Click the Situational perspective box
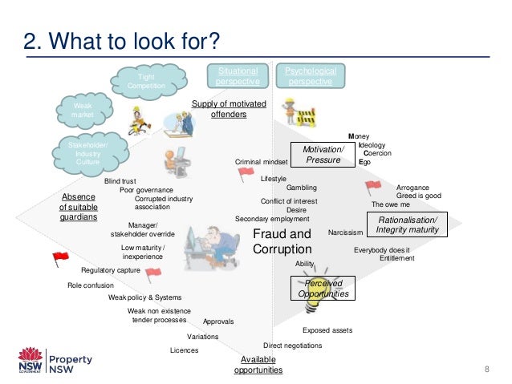tap(238, 76)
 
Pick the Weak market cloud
tap(83, 111)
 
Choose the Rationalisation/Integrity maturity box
tap(408, 225)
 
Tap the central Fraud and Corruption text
tap(281, 241)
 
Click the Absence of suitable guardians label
tap(78, 206)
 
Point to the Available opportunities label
tap(258, 365)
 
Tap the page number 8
tap(486, 368)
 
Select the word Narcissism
tap(346, 232)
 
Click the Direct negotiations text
tap(292, 346)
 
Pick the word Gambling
tap(302, 188)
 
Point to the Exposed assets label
tap(327, 330)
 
